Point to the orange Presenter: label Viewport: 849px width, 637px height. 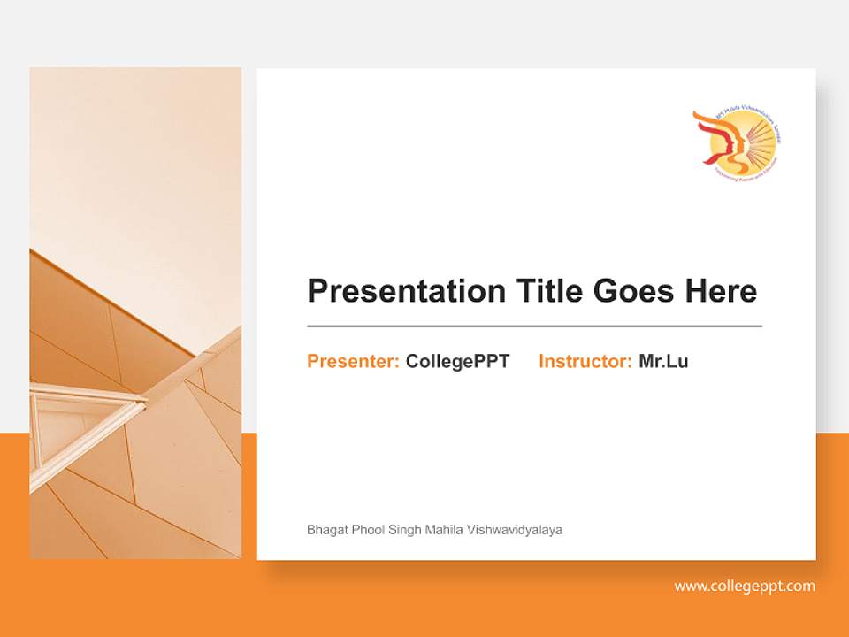coord(353,361)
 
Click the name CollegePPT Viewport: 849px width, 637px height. coord(457,361)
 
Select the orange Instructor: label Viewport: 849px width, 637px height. coord(585,361)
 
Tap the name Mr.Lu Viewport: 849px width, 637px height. coord(663,361)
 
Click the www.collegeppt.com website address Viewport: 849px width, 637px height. coord(745,586)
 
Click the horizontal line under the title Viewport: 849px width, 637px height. coord(534,326)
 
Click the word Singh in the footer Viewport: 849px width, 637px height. coord(404,530)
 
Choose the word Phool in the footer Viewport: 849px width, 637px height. coord(367,530)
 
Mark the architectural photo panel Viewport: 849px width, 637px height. coord(135,312)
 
